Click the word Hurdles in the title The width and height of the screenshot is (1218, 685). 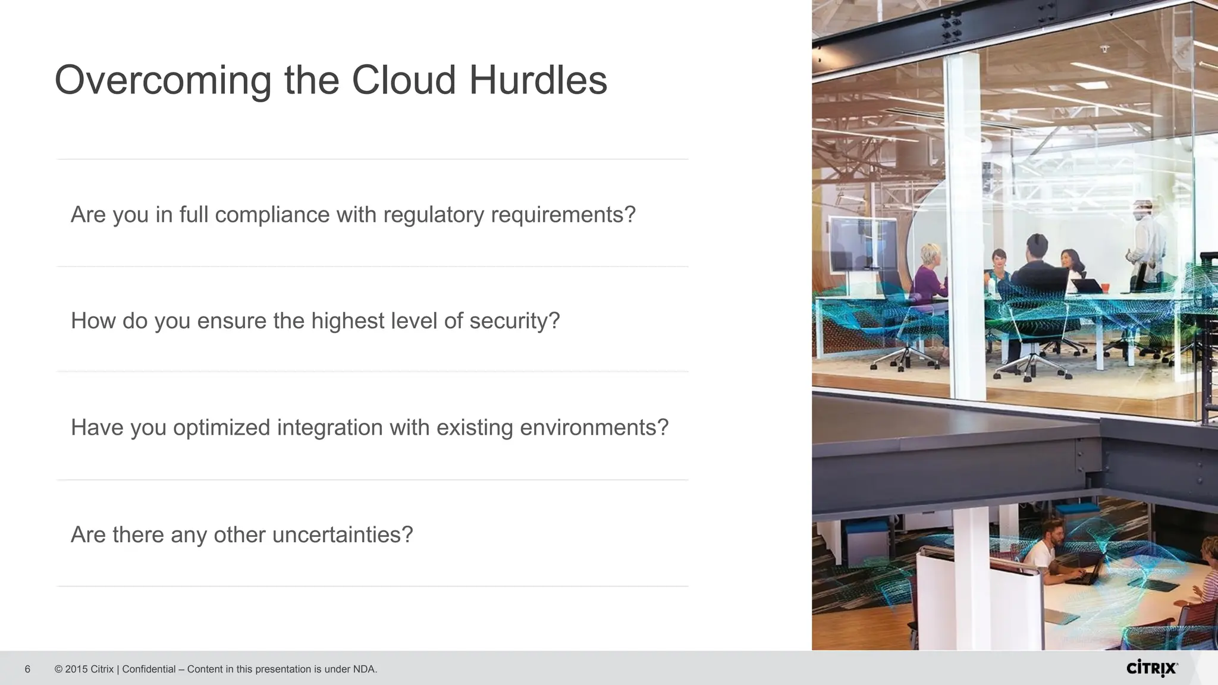pyautogui.click(x=538, y=80)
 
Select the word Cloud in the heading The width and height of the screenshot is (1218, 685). pyautogui.click(x=404, y=80)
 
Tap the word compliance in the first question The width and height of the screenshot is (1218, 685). pyautogui.click(x=272, y=215)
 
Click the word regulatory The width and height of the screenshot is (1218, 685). pyautogui.click(x=434, y=215)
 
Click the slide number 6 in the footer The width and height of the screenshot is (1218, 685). pyautogui.click(x=27, y=670)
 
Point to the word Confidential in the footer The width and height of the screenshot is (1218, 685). pyautogui.click(x=149, y=670)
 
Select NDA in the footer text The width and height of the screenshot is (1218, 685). pyautogui.click(x=363, y=670)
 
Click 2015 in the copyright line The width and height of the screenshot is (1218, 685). pyautogui.click(x=76, y=670)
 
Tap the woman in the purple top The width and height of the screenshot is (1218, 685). pyautogui.click(x=929, y=276)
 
